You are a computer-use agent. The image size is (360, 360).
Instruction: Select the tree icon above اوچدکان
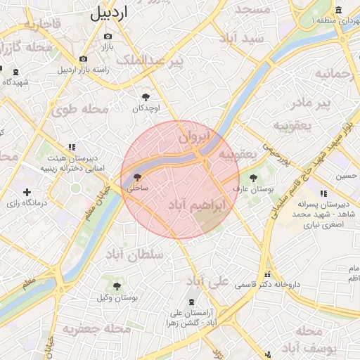(146, 97)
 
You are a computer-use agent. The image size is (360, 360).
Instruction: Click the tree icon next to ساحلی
(136, 177)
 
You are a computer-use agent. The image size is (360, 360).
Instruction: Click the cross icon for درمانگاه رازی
(27, 192)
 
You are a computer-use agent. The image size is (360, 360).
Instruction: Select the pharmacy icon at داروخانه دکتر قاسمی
(266, 275)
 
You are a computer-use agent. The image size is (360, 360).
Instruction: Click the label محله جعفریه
(96, 328)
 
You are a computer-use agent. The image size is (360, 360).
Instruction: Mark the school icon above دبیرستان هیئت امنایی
(72, 147)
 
